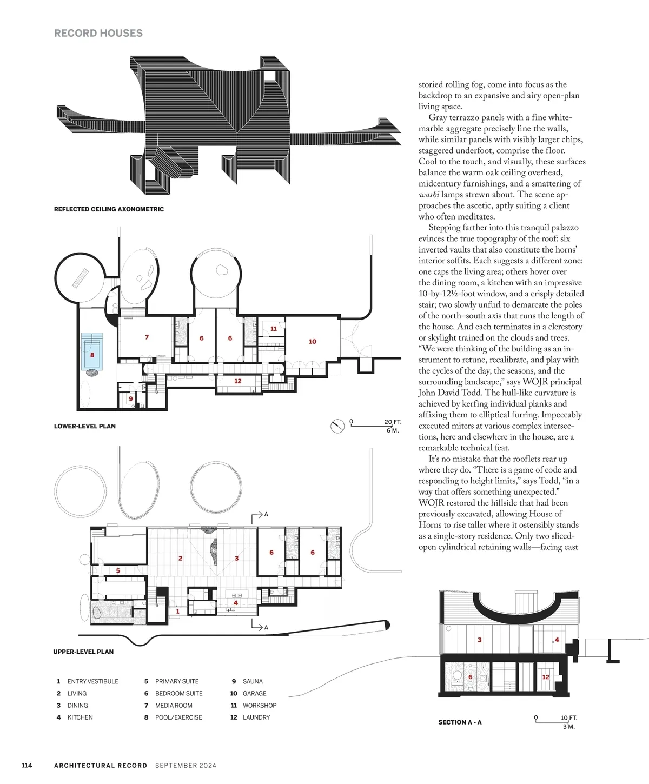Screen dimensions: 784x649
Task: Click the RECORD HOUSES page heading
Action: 98,33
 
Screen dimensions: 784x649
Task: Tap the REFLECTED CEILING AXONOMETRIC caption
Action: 109,209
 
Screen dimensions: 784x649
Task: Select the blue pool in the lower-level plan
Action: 92,351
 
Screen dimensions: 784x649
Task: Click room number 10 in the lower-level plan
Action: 313,342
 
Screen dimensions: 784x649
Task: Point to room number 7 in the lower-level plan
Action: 147,337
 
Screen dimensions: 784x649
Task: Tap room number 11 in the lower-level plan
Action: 274,329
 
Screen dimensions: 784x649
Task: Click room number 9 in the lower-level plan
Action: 130,399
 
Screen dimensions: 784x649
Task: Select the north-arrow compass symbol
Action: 337,426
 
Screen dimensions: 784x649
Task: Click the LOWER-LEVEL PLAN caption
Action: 85,426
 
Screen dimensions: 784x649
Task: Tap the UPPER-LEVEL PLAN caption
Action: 83,652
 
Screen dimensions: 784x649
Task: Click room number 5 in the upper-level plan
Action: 118,570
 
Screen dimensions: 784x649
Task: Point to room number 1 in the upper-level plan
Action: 177,612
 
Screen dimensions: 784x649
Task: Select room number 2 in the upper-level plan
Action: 180,558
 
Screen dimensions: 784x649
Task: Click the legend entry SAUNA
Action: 253,681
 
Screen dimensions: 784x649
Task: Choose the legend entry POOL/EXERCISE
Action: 178,717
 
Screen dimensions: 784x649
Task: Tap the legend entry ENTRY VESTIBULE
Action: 92,681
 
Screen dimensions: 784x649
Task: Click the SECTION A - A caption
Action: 460,722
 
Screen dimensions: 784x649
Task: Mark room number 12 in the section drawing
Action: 546,677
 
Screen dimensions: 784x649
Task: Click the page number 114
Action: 27,765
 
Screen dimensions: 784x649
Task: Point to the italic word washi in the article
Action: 429,195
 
